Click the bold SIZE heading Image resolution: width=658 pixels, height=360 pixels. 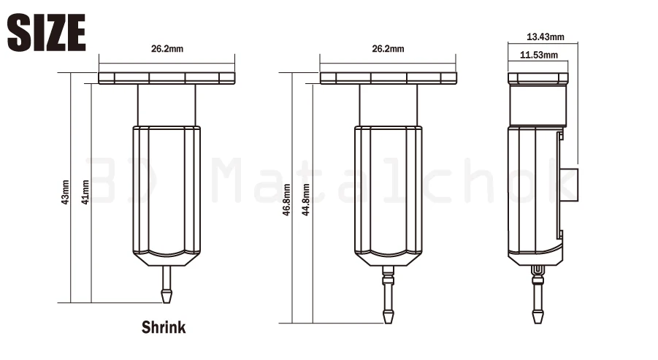(46, 32)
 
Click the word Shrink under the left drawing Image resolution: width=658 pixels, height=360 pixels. (164, 327)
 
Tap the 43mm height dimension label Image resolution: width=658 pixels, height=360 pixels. (65, 192)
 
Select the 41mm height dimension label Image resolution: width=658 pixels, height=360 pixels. (85, 192)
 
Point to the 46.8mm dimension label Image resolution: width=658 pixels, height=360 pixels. (286, 200)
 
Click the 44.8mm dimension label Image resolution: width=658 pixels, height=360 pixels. (306, 200)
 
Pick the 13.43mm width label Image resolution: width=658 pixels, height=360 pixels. (546, 37)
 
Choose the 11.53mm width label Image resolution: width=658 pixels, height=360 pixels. (539, 55)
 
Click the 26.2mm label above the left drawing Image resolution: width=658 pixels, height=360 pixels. (167, 49)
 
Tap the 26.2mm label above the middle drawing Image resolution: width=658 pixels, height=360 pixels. (389, 49)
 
